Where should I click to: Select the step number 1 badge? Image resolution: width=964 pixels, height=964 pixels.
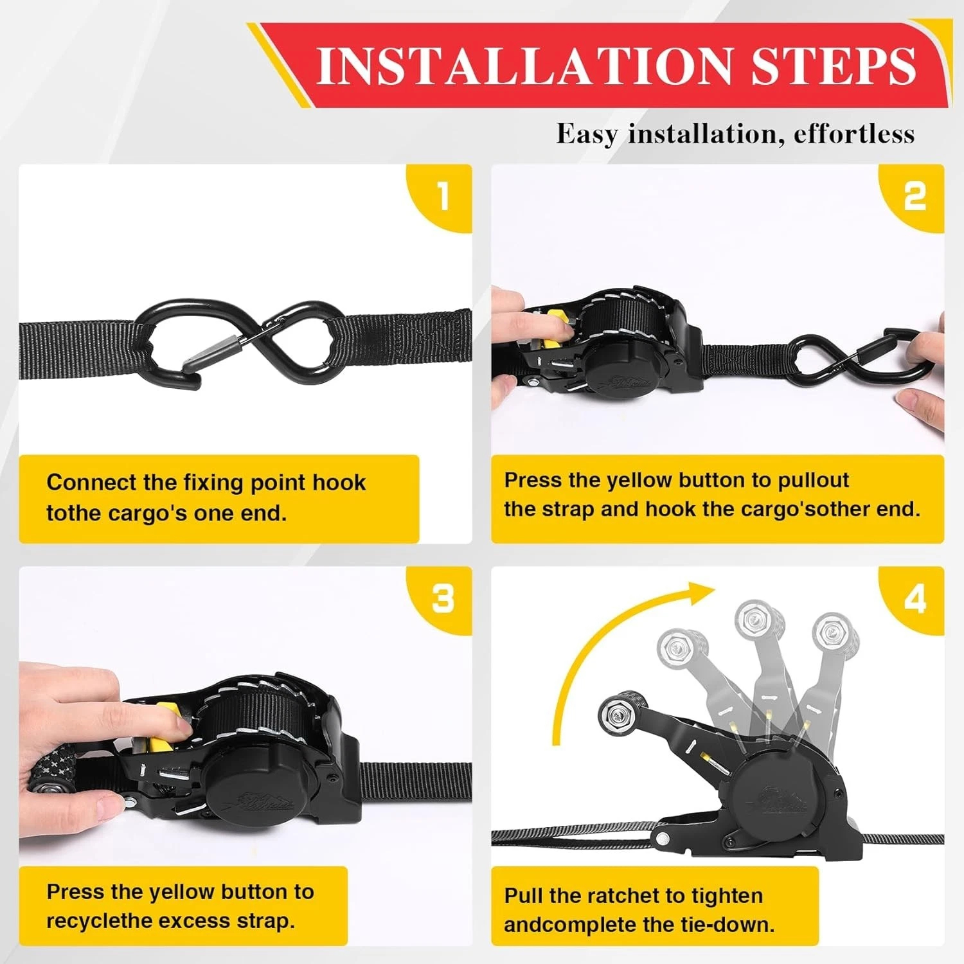[443, 195]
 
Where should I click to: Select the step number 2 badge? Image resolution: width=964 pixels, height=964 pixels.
[915, 195]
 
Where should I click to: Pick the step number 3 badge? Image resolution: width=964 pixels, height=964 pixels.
[443, 599]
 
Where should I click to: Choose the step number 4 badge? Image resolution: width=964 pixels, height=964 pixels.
[915, 599]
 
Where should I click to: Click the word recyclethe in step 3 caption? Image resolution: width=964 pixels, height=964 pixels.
[100, 921]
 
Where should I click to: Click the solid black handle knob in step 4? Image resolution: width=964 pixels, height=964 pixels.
[617, 713]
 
